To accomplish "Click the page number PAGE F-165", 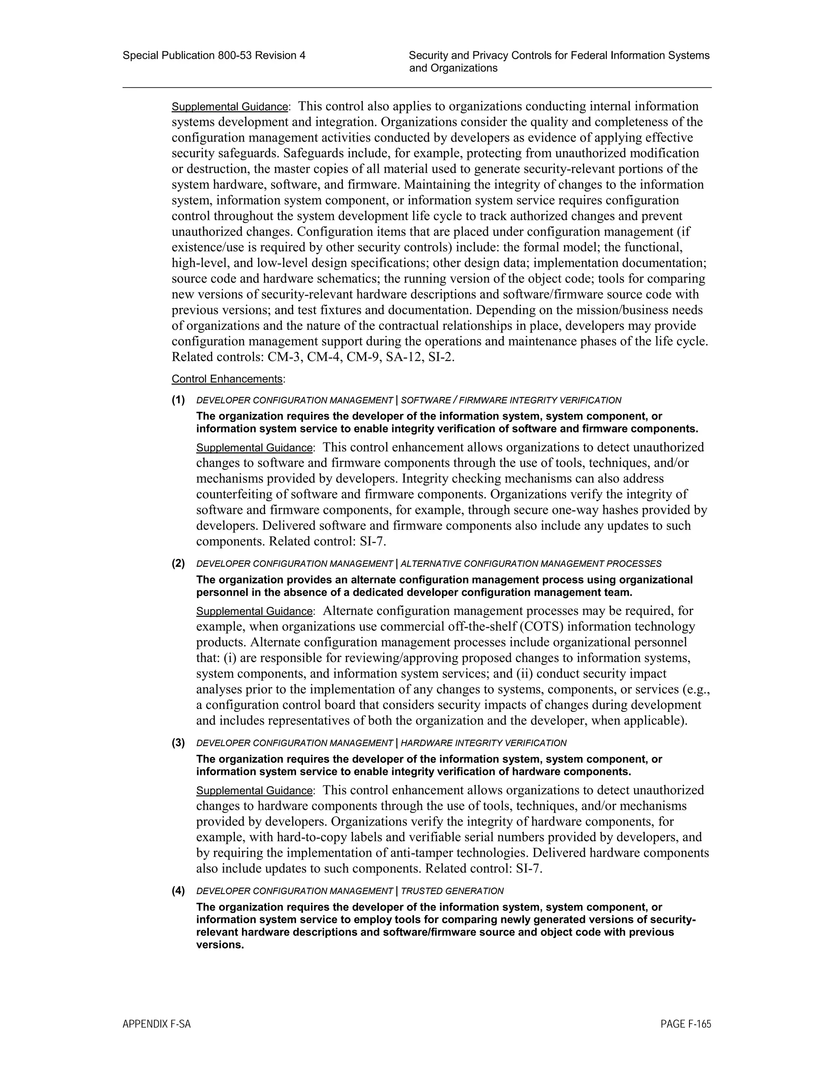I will (685, 1024).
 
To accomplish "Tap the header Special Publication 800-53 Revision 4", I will (213, 55).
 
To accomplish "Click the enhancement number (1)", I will (178, 400).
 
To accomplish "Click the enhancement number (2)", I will (178, 563).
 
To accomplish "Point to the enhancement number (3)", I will (178, 743).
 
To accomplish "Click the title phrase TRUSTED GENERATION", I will (452, 891).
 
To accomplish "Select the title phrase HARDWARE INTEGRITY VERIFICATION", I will (483, 743).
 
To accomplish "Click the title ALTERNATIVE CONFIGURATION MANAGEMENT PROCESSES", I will (531, 564).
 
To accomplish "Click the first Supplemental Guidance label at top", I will (230, 107).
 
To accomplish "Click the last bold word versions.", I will (220, 945).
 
